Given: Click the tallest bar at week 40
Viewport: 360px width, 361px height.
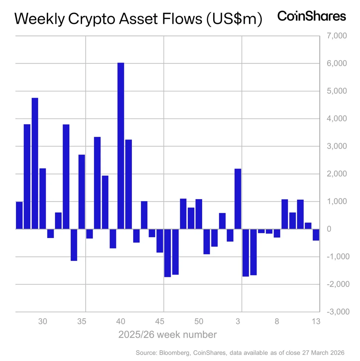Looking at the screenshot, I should coord(121,146).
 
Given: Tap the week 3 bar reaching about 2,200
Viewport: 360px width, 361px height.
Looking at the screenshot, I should coord(238,199).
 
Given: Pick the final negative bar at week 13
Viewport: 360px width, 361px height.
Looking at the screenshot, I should coord(316,235).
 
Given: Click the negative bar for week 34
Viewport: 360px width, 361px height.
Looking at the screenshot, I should coord(74,245).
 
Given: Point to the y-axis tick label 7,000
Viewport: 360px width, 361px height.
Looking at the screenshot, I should coord(337,36).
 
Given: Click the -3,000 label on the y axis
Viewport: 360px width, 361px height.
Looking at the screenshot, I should coord(338,312).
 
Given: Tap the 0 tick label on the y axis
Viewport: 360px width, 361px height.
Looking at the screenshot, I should coord(329,229).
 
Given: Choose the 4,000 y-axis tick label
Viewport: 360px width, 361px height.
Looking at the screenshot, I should coord(337,118).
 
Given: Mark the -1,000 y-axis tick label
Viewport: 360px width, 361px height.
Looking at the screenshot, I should coord(338,257).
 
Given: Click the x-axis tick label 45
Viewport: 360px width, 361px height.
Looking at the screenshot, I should coord(160,322).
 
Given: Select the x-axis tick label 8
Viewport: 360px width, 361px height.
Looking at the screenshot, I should coord(277,322).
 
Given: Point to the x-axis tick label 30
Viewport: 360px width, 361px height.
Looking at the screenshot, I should coord(43,322).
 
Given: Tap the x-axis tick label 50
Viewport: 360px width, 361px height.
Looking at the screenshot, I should coord(199,322).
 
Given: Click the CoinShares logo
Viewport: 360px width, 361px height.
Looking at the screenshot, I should coord(311,16).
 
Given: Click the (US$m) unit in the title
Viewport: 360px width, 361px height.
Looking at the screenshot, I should coord(234,19).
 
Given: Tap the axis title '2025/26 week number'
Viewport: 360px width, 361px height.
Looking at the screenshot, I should coord(167,335).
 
